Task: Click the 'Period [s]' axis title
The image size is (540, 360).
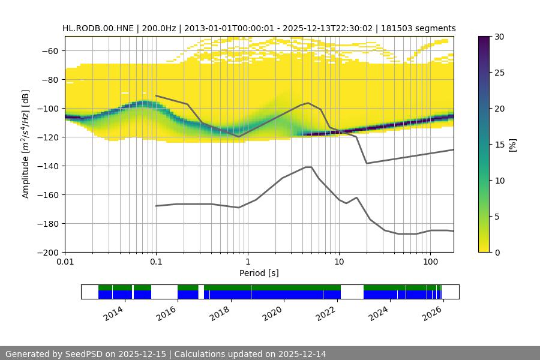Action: pos(259,273)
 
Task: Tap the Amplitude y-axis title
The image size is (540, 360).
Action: pos(26,144)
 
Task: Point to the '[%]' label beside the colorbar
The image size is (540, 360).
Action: pos(512,145)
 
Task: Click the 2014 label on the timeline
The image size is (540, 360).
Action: pos(113,313)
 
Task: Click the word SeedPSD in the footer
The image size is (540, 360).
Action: pos(85,354)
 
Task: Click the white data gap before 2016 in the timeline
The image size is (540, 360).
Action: pos(164,292)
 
